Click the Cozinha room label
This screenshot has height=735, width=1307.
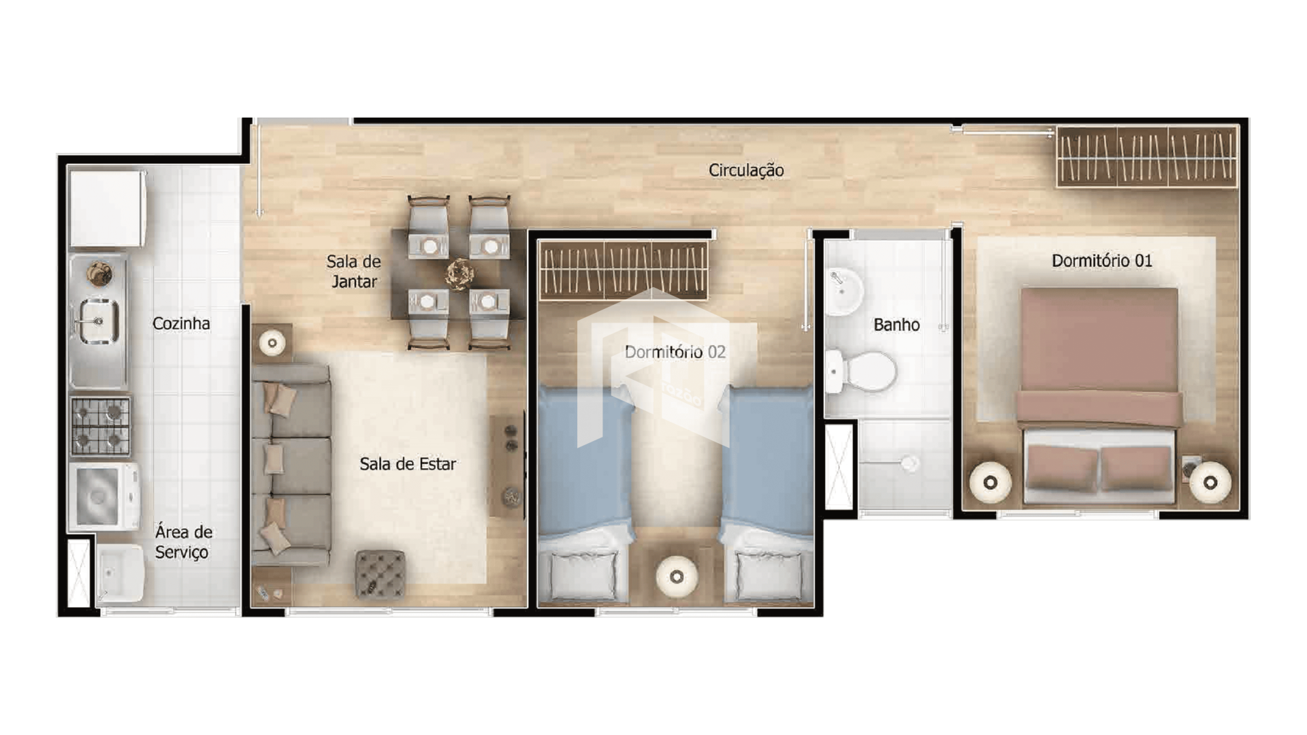click(x=181, y=323)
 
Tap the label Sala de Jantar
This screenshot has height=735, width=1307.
click(x=353, y=272)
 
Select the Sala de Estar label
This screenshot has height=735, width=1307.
click(x=408, y=464)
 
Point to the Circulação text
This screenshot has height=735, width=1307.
click(x=746, y=170)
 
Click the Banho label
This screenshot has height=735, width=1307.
click(x=897, y=325)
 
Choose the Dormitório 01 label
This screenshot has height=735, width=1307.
click(x=1102, y=261)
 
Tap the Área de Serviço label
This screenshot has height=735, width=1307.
click(x=183, y=542)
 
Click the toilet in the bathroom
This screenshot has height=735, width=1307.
click(x=860, y=372)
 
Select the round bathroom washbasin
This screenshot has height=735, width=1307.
click(x=844, y=292)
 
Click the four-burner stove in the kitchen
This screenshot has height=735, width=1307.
click(x=101, y=426)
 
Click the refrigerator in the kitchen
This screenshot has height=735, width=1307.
click(x=108, y=208)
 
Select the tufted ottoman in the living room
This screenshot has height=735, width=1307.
click(x=380, y=574)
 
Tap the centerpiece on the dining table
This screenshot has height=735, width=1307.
click(x=460, y=274)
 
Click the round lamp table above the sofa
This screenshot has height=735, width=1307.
click(x=272, y=343)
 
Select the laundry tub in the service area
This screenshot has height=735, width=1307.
click(x=120, y=574)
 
